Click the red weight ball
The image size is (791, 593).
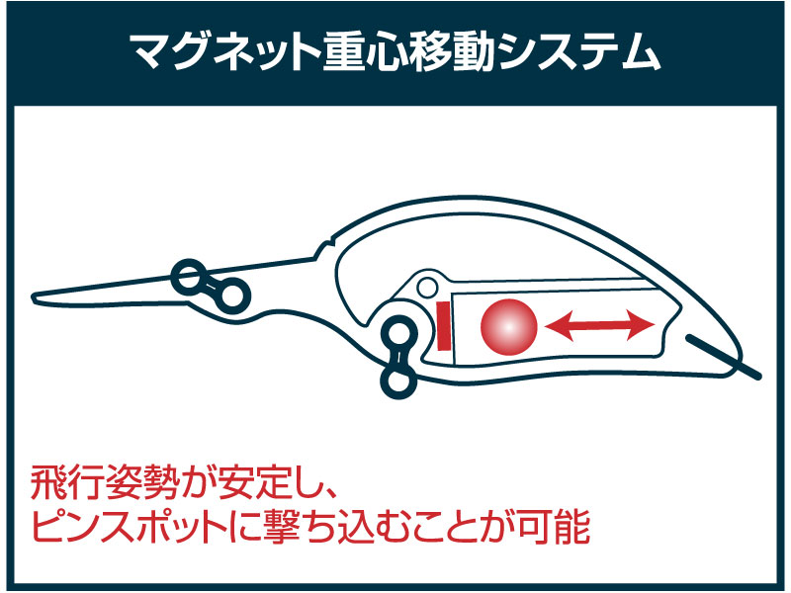pos(508,327)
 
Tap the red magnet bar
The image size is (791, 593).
pos(443,325)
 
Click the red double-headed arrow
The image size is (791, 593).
pos(600,325)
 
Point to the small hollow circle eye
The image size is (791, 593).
pos(428,288)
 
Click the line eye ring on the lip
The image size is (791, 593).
pos(188,277)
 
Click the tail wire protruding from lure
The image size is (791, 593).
pos(723,356)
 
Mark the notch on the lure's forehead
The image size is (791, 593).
pos(330,242)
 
